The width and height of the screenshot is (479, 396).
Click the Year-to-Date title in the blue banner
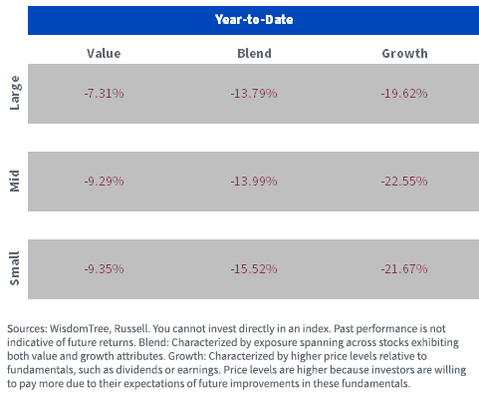tap(254, 20)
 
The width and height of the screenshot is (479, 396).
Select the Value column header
tap(104, 54)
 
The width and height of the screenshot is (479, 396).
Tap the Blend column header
tap(254, 54)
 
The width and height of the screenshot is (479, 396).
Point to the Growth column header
tap(404, 54)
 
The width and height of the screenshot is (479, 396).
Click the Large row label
tap(15, 93)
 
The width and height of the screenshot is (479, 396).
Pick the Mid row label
tap(15, 181)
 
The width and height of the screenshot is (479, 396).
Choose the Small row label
tap(15, 268)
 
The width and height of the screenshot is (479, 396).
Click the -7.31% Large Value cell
tap(104, 94)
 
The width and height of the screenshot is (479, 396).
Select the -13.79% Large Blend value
tap(254, 94)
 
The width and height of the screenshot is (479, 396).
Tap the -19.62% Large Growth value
tap(404, 94)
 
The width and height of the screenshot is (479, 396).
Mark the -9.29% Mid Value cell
tap(104, 182)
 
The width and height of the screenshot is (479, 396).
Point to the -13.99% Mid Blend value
tap(254, 182)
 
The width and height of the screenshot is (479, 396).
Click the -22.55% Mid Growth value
tap(404, 182)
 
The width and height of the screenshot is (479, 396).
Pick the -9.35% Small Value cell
tap(104, 268)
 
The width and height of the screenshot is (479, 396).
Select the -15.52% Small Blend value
tap(254, 268)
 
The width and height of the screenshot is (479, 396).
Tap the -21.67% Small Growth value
tap(404, 268)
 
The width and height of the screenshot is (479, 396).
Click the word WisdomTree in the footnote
tap(80, 329)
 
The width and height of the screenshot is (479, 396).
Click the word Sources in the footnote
tap(27, 329)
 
